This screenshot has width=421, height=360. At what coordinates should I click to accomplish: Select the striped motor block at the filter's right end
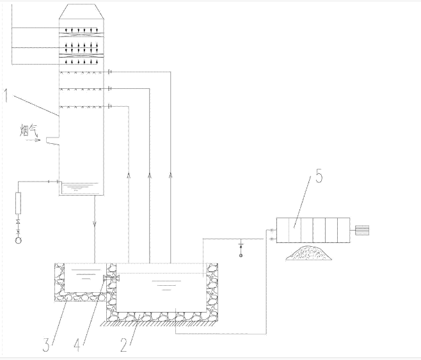(x=363, y=229)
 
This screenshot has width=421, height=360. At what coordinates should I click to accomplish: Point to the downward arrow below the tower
(x=95, y=224)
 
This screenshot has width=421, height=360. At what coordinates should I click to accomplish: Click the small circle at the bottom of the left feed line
(x=18, y=240)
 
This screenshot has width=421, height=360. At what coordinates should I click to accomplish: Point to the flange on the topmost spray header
(x=110, y=72)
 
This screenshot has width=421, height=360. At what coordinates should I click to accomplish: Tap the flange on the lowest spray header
(x=110, y=106)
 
